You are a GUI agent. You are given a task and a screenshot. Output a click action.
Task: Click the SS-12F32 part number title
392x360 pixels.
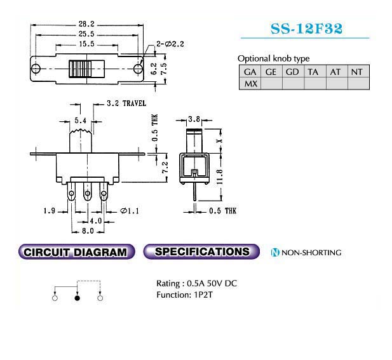tap(306, 29)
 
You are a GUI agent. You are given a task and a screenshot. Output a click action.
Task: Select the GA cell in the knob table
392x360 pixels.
tap(250, 72)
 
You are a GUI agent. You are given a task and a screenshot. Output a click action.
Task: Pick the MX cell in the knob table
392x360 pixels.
tap(250, 83)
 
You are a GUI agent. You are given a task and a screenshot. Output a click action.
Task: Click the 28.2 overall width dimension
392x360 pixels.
tap(86, 24)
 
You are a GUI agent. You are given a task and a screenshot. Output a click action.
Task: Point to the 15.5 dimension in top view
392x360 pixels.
tap(86, 44)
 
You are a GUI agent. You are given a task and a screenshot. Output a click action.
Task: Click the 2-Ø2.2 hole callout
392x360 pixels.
tap(170, 44)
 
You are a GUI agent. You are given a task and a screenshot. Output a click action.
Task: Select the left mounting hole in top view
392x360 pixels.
tap(36, 69)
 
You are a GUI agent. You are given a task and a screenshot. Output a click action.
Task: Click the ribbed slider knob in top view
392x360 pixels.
tap(80, 69)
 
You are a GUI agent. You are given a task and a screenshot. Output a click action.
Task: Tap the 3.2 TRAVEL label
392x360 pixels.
tap(126, 103)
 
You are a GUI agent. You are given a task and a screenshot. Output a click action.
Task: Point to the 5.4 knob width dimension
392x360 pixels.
tap(80, 121)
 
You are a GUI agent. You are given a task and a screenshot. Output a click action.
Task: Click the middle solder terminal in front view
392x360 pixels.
tap(88, 192)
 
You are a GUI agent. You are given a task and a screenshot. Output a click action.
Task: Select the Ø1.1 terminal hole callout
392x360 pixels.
tap(130, 211)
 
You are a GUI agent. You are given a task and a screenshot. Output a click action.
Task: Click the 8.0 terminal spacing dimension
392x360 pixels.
tap(88, 231)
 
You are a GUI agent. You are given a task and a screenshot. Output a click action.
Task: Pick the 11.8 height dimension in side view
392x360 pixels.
tap(219, 177)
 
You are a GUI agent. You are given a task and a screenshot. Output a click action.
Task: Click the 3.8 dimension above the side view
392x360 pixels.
tap(194, 119)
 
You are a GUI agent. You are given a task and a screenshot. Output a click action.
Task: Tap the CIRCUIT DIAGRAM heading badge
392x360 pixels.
tap(76, 251)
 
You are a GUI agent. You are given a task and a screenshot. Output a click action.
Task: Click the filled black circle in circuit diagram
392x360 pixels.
tap(78, 298)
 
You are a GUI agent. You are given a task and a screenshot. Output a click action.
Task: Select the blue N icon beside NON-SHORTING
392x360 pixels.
tap(275, 253)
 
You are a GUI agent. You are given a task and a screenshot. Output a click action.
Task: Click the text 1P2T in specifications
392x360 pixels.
tap(203, 295)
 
